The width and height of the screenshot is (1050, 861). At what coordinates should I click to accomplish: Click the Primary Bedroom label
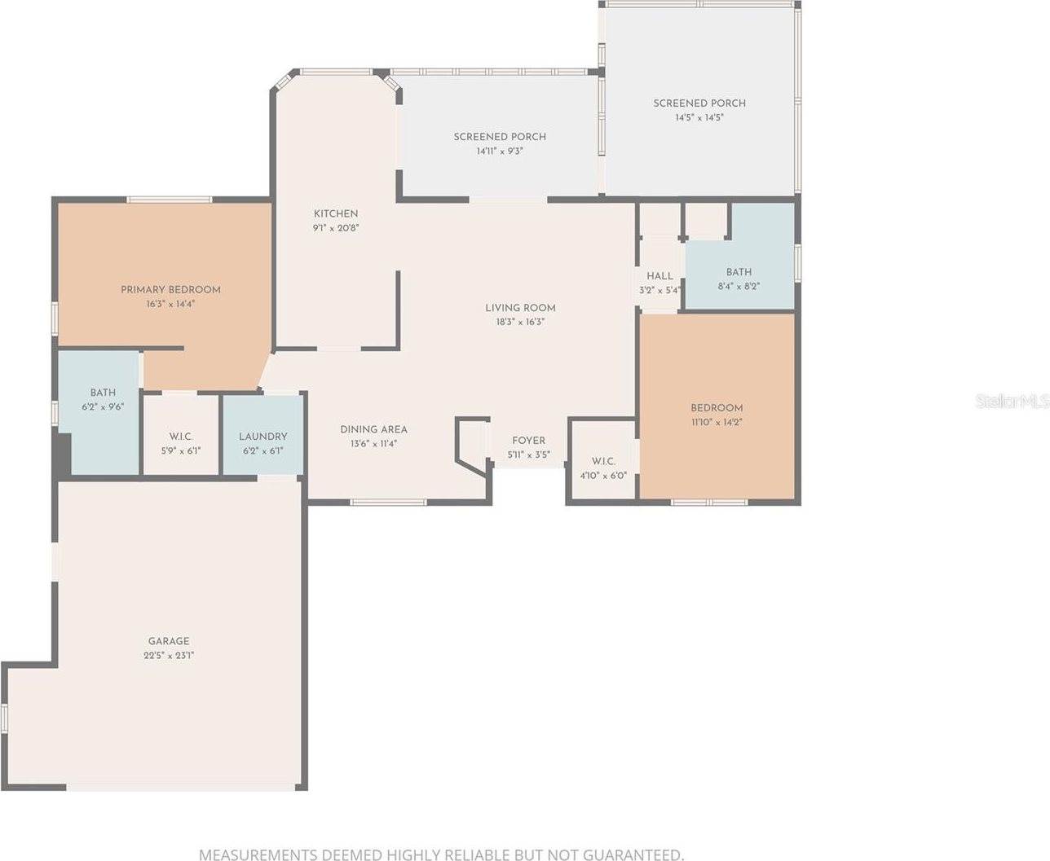click(170, 289)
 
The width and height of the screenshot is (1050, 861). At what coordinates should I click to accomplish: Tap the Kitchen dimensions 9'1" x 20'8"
click(336, 228)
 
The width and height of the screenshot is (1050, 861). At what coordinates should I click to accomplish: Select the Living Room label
click(520, 308)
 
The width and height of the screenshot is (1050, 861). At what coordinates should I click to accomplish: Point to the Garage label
click(169, 641)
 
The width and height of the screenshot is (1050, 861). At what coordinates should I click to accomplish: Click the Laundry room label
click(262, 437)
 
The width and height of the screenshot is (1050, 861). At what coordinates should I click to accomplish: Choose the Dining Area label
click(374, 430)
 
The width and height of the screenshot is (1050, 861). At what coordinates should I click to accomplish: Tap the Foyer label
click(529, 441)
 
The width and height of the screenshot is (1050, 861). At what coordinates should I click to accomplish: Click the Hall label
click(660, 276)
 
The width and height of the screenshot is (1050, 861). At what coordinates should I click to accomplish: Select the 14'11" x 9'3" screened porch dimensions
click(500, 152)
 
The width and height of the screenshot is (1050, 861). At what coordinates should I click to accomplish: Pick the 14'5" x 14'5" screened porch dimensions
click(699, 118)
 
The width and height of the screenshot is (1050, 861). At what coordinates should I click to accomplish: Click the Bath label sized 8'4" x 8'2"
click(739, 272)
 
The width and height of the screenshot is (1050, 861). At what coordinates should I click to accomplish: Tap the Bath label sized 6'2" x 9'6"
click(103, 393)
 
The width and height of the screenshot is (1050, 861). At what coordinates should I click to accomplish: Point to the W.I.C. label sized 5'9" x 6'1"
click(181, 437)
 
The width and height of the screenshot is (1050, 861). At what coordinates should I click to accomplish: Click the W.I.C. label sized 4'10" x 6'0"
click(603, 462)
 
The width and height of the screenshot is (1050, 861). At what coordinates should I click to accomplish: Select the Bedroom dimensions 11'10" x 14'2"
click(717, 422)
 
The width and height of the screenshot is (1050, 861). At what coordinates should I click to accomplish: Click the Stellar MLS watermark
click(1012, 402)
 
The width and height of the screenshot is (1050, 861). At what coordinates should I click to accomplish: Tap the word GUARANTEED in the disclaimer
click(633, 854)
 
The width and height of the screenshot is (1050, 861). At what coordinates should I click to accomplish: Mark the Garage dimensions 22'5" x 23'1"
click(169, 656)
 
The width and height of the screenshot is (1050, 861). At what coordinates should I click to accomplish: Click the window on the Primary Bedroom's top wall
click(170, 200)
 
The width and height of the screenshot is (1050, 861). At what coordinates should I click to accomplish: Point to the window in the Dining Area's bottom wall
click(388, 503)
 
